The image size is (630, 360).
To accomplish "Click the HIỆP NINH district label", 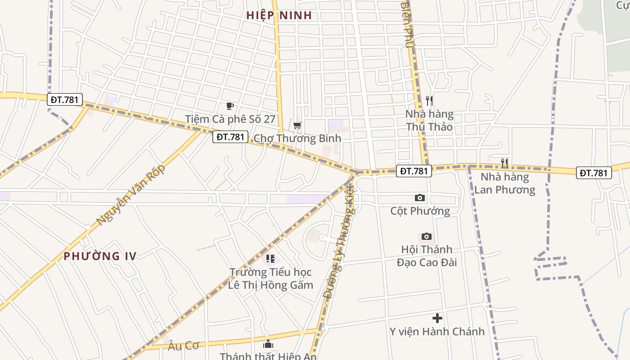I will coord(279,15).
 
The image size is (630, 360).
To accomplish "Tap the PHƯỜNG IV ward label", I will coord(100,256).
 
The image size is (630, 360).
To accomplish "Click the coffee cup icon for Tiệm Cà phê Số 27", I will coord(230,106).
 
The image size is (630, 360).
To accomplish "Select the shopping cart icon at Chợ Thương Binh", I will coord(297,125).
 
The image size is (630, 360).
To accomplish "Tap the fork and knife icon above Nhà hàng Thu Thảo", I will coord(429,101).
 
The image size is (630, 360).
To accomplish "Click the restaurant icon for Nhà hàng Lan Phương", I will coord(504,163).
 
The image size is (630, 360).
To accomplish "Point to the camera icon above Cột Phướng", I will coord(420,198).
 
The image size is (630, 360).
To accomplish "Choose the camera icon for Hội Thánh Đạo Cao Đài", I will coord(427,236).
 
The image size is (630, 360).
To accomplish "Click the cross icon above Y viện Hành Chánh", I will coord(437,318).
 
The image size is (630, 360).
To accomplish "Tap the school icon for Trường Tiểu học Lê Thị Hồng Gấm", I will coord(270,259).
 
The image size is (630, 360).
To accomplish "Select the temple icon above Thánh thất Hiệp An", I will coord(268,344).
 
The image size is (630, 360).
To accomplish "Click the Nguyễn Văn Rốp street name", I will coord(131,195).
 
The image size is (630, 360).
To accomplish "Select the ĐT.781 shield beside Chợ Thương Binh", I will coord(230,137).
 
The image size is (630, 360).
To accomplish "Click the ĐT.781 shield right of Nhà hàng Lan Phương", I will coord(594,173).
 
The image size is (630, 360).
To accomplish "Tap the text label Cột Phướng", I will coord(420,211).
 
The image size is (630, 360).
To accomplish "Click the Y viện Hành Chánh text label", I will coord(437,332).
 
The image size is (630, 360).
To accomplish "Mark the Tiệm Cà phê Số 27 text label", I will coord(230,119).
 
